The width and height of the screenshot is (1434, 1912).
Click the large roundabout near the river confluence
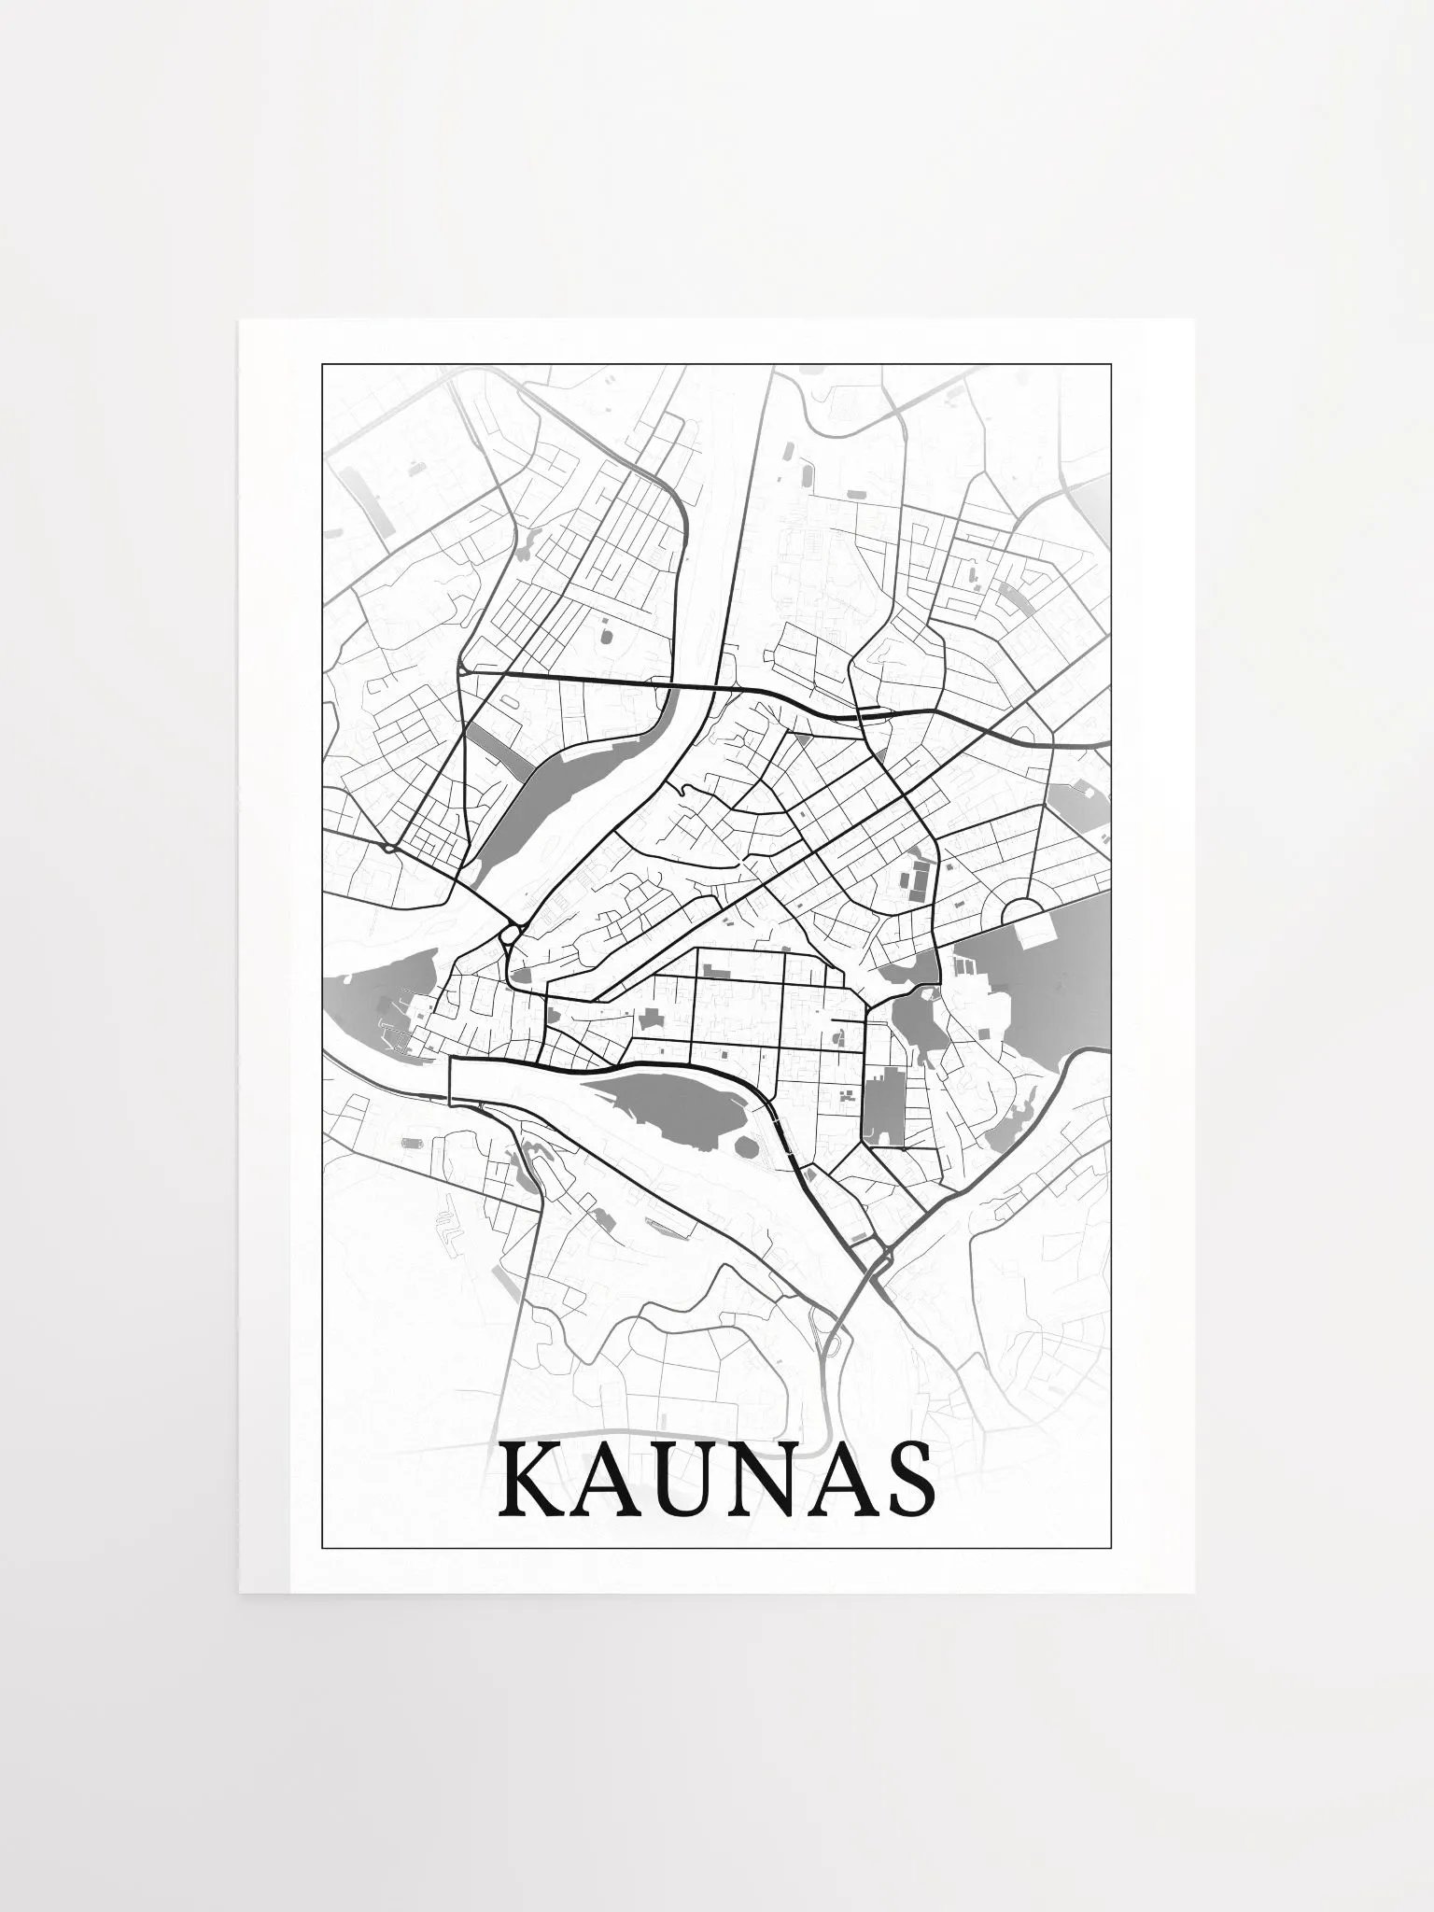click(510, 933)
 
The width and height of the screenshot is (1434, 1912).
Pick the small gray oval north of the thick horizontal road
click(604, 636)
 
